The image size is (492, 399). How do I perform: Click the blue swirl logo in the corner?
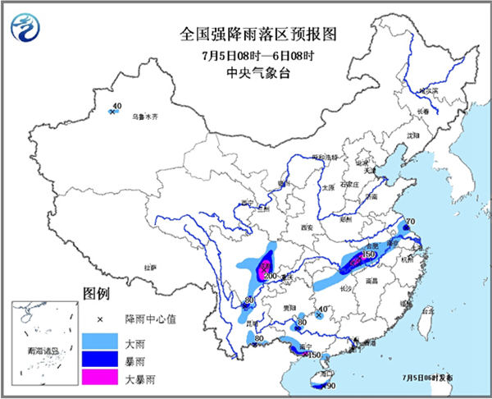pos(25,29)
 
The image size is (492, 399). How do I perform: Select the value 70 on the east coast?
pos(411,222)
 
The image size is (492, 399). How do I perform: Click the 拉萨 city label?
pos(149,268)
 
